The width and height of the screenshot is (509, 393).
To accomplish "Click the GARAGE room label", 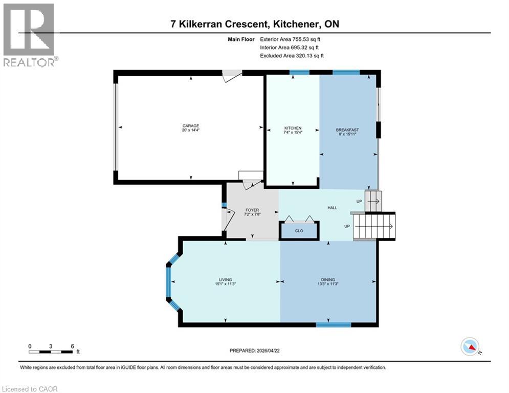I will point(191,126).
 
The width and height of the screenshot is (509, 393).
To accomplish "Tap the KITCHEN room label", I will point(293,128).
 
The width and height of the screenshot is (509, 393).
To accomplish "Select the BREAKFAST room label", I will point(347,130).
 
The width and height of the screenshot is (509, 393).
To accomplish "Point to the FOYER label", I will point(252,210).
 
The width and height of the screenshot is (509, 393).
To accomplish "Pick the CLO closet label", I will point(299,231).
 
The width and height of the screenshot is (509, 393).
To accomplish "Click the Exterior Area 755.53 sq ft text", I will point(292,39).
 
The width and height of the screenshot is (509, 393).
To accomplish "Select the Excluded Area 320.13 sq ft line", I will point(292,55).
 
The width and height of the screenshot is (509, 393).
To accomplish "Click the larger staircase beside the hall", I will point(375,226).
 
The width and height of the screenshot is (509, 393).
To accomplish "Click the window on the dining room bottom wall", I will point(333,324).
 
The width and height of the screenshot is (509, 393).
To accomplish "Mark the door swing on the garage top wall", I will point(232,75).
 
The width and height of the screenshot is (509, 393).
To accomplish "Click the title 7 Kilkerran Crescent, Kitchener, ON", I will point(254,24).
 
